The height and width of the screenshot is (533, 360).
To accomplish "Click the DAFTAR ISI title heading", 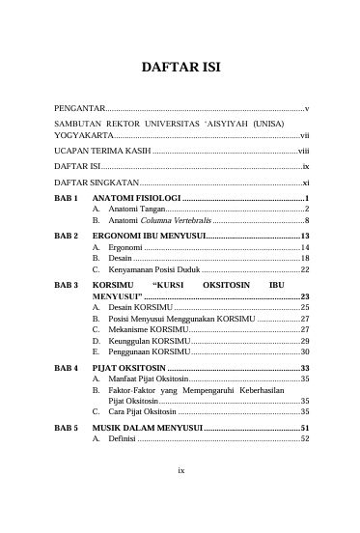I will coord(180,70).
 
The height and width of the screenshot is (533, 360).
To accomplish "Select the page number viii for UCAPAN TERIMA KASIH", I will coord(302,153).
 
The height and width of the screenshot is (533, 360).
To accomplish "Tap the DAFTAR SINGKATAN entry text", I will coord(97,182).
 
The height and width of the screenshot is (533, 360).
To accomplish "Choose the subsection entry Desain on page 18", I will coord(120,259).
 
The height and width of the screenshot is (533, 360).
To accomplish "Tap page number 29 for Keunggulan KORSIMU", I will coord(304,341).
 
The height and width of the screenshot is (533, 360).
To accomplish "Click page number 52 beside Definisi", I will coord(304,438).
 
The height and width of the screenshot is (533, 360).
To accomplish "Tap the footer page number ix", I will coord(180,496).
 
